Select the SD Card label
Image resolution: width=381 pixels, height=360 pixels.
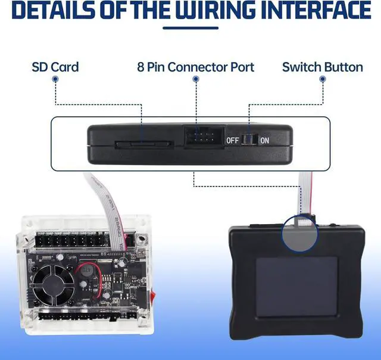55,66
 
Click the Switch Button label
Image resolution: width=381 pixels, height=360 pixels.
322,66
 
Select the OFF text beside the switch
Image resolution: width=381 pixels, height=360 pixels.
232,141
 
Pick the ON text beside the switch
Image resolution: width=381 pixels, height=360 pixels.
264,141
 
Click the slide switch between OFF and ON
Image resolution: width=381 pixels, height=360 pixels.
249,141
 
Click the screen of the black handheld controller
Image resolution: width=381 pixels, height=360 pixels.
296,286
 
